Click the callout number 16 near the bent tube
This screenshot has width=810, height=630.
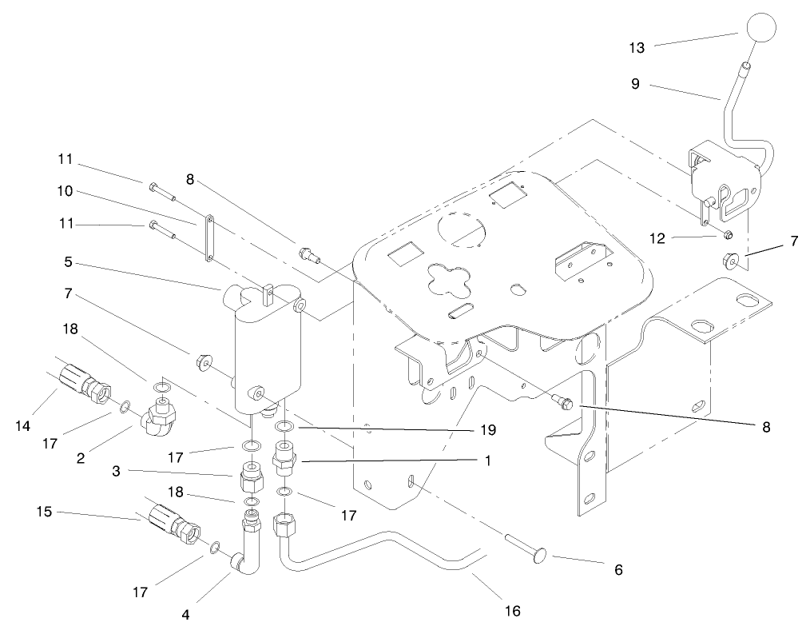click(512, 611)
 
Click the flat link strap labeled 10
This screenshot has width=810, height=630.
click(209, 238)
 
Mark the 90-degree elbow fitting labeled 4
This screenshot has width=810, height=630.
click(246, 547)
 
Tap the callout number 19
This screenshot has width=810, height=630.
click(487, 430)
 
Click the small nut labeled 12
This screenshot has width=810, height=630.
click(727, 235)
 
